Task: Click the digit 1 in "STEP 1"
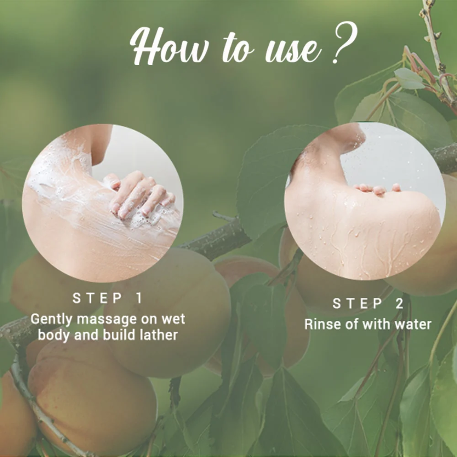(x=139, y=298)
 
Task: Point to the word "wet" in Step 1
(x=172, y=319)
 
